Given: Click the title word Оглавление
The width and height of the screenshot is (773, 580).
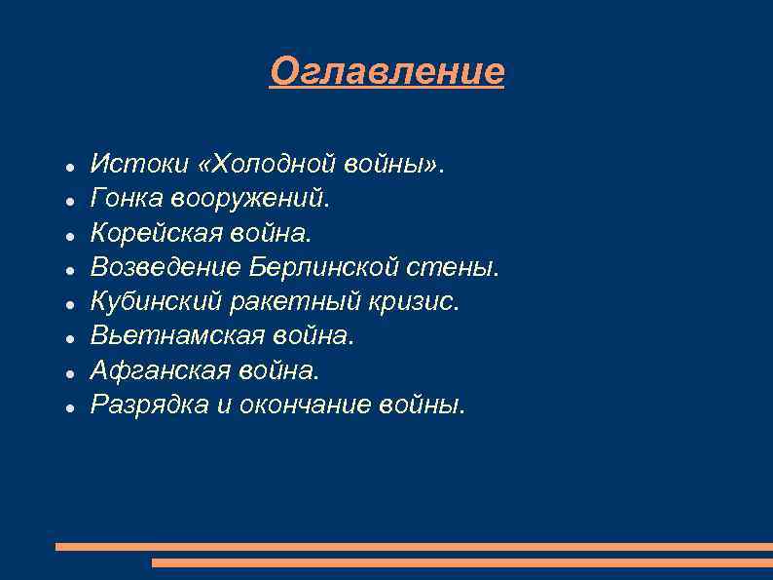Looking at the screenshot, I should (386, 71).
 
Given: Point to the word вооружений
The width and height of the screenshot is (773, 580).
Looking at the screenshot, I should (251, 199).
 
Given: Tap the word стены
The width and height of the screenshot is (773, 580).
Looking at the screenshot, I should (457, 267).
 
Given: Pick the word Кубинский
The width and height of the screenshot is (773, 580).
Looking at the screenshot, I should (156, 301).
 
